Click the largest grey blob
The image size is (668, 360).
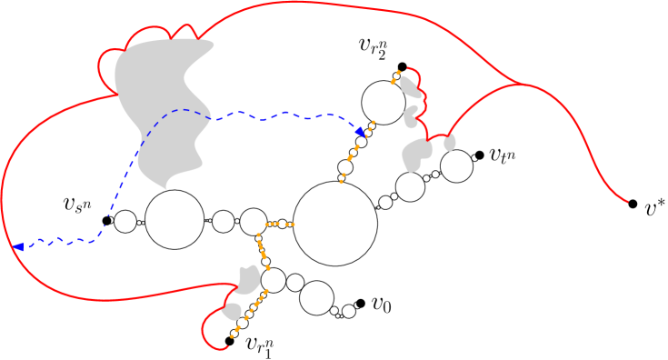pyautogui.click(x=164, y=100)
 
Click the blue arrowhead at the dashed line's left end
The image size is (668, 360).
pyautogui.click(x=19, y=246)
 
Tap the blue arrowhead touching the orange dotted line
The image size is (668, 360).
pyautogui.click(x=361, y=132)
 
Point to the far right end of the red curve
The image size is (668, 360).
pyautogui.click(x=627, y=201)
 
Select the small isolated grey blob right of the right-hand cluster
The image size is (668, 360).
pyautogui.click(x=450, y=144)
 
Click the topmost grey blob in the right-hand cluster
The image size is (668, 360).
pyautogui.click(x=410, y=87)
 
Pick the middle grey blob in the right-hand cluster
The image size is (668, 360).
pyautogui.click(x=411, y=116)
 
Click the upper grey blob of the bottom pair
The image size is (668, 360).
pyautogui.click(x=249, y=278)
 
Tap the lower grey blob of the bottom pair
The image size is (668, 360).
pyautogui.click(x=232, y=311)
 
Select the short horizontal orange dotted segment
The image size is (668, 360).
pyautogui.click(x=279, y=224)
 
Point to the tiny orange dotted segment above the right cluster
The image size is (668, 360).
pyautogui.click(x=395, y=77)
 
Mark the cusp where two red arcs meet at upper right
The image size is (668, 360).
pyautogui.click(x=521, y=85)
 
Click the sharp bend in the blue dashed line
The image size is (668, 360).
pyautogui.click(x=98, y=238)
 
